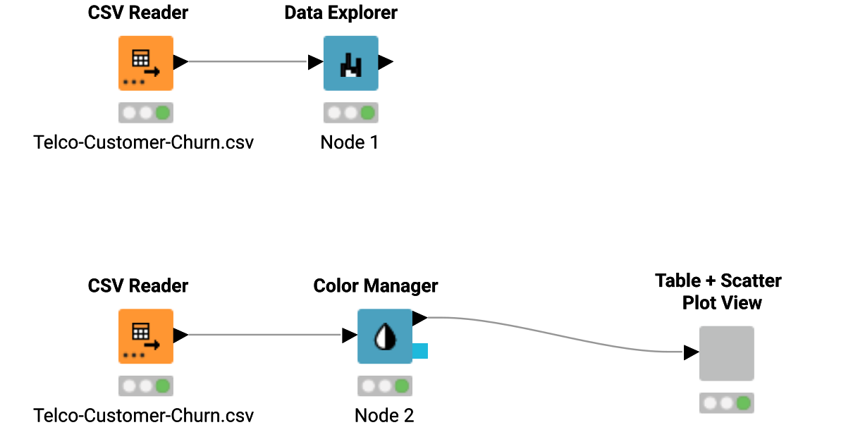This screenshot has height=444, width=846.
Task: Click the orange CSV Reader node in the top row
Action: click(x=145, y=63)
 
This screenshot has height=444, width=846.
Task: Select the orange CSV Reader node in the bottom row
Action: click(x=145, y=336)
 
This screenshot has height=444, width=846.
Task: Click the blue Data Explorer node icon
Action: click(x=350, y=63)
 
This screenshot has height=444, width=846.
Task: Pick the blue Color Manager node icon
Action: click(x=384, y=336)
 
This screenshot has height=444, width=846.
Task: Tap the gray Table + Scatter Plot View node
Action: click(x=726, y=353)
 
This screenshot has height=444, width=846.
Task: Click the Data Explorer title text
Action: click(x=341, y=13)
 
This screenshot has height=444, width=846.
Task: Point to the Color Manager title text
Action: click(x=375, y=286)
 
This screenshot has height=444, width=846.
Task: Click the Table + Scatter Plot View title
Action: click(x=718, y=292)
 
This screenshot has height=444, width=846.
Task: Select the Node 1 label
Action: click(x=350, y=142)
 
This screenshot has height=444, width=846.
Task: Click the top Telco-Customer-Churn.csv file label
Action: click(x=143, y=142)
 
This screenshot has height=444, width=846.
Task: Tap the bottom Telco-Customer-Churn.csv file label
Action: click(x=143, y=416)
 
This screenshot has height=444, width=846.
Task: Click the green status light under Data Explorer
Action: click(x=367, y=113)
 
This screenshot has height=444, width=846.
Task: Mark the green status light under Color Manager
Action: click(x=401, y=386)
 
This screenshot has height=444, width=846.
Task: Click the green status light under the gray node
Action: click(x=743, y=403)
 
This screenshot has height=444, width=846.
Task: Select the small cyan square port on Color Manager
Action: click(x=420, y=350)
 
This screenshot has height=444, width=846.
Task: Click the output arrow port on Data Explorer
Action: click(x=385, y=62)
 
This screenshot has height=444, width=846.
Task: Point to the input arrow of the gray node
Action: click(x=691, y=352)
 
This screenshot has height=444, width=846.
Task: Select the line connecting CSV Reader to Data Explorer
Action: click(x=247, y=62)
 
